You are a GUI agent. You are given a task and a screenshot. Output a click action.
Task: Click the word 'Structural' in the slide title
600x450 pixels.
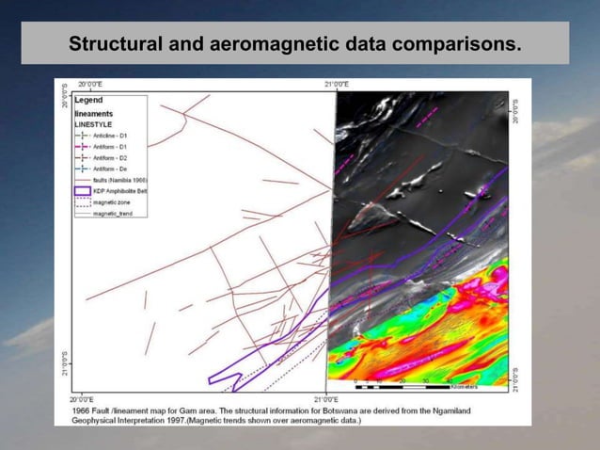tap(110, 44)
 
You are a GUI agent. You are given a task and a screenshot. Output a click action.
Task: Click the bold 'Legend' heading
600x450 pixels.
tap(88, 99)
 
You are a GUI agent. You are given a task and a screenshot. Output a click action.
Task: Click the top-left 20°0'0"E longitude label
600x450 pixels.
tap(91, 85)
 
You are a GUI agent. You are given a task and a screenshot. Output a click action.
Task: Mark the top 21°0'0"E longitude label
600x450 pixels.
tap(336, 85)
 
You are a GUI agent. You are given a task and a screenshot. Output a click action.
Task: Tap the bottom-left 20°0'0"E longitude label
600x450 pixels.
tap(90, 401)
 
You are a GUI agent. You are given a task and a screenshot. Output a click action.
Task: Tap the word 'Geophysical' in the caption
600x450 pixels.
tap(91, 421)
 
